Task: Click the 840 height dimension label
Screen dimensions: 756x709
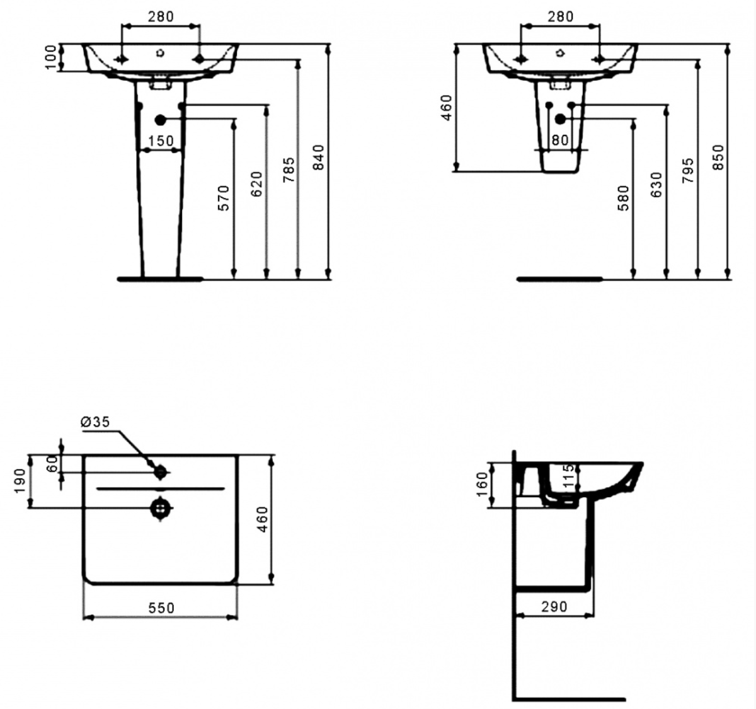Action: point(318,158)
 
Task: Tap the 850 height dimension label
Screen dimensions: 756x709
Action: point(718,158)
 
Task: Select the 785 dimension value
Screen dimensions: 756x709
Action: point(289,170)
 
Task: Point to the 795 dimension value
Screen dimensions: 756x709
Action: point(688,171)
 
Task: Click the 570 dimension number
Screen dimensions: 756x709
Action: point(224,198)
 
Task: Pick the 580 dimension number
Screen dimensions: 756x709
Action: point(623,198)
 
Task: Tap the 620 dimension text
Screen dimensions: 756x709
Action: point(256,184)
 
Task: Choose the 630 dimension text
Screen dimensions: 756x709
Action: point(656,185)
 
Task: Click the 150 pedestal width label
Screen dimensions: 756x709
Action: point(161,141)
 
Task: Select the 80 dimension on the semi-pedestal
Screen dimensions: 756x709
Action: point(560,140)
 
